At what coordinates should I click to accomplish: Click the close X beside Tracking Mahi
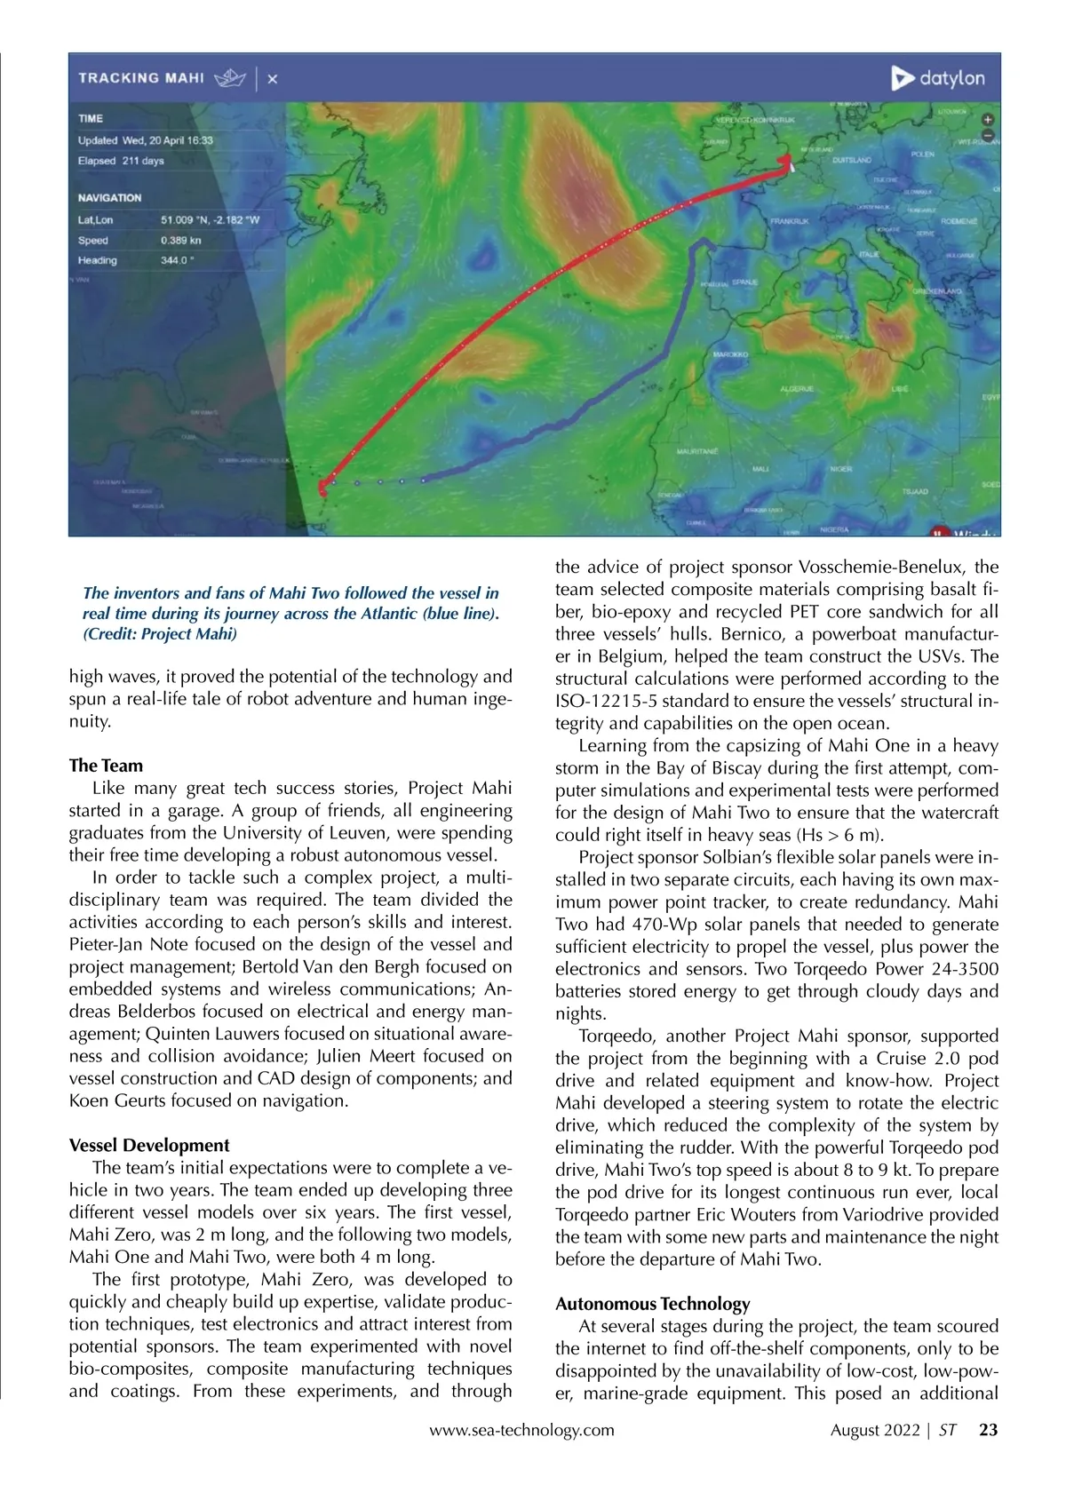coord(272,79)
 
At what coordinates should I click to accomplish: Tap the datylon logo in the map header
coord(938,78)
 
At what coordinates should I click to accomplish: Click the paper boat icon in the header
coord(230,78)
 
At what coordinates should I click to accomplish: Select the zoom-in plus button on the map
coord(988,119)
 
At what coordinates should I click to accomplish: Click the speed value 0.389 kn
coord(181,241)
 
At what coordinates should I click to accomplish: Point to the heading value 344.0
coord(178,261)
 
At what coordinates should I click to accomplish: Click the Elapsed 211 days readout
coord(121,162)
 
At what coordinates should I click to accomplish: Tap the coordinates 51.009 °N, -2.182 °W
coord(211,220)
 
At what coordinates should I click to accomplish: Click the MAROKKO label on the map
coord(730,354)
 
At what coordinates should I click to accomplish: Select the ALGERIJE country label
coord(797,389)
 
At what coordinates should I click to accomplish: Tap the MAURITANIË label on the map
coord(697,451)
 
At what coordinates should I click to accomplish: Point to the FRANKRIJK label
coord(790,221)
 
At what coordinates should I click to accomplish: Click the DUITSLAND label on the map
coord(852,161)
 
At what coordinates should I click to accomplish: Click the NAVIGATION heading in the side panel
coord(109,198)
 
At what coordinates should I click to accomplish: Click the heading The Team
coord(106,766)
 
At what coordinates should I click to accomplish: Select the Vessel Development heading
coord(149,1146)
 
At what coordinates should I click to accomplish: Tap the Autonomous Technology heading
coord(652,1304)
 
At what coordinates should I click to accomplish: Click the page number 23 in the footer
coord(988,1430)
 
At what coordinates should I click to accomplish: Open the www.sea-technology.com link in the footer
coord(521,1430)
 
